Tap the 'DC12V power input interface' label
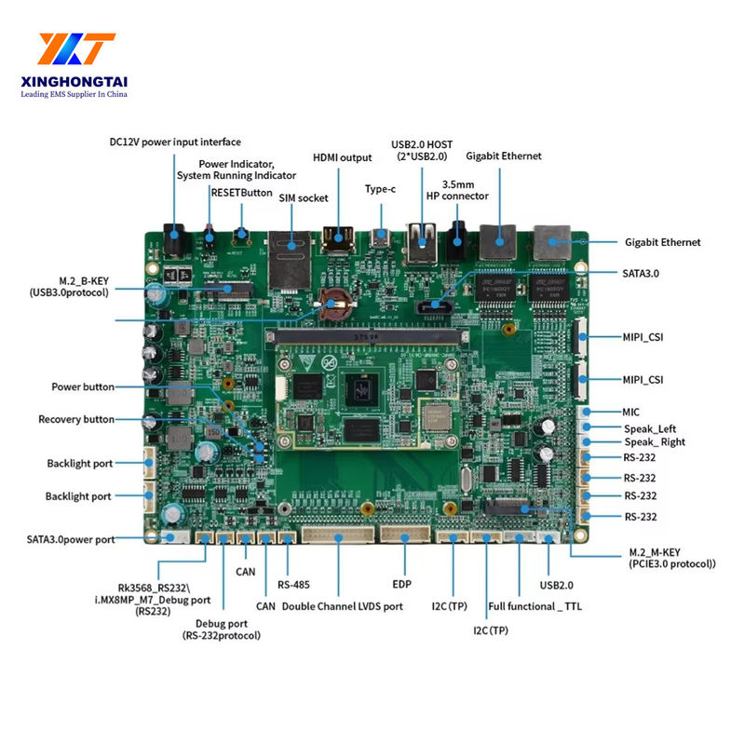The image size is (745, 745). (175, 142)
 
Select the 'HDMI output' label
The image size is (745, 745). (342, 157)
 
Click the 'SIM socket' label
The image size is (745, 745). (304, 197)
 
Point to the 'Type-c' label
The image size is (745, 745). (380, 189)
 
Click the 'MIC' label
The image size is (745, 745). (631, 411)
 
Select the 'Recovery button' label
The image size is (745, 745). (76, 419)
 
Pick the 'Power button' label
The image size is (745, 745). (83, 386)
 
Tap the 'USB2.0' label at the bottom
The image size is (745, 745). (558, 585)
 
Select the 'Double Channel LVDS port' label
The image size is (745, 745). (343, 606)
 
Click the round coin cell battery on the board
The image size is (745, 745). (331, 304)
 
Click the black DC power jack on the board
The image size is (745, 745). (175, 241)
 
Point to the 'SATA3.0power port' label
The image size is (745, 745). (71, 539)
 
